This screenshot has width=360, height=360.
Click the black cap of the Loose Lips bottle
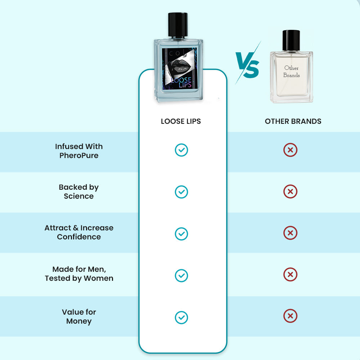click(x=178, y=24)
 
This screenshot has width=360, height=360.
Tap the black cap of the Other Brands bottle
click(x=291, y=40)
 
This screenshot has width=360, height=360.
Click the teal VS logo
click(x=248, y=63)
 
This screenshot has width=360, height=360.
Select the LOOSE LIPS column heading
click(x=181, y=121)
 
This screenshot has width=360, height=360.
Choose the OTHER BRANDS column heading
click(x=293, y=121)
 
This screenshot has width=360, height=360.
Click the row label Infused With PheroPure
click(x=79, y=151)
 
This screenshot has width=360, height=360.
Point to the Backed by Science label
click(x=79, y=192)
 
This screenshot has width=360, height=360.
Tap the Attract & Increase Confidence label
click(x=79, y=232)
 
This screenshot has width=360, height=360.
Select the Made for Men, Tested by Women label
click(x=79, y=274)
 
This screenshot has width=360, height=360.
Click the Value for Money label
click(x=79, y=316)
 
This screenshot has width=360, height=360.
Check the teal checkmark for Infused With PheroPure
click(x=181, y=150)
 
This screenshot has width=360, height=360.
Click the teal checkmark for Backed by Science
click(x=181, y=192)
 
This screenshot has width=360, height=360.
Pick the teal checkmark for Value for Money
click(x=181, y=318)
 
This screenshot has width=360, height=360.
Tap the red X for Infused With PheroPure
click(x=290, y=150)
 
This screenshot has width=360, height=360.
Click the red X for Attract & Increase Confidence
click(x=290, y=233)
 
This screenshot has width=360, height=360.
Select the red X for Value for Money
click(x=290, y=316)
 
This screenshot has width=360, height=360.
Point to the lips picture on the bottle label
click(x=179, y=67)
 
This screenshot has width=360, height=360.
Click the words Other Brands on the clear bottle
click(x=291, y=71)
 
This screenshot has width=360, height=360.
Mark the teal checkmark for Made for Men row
click(x=181, y=275)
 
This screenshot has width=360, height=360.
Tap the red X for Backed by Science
click(x=290, y=191)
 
